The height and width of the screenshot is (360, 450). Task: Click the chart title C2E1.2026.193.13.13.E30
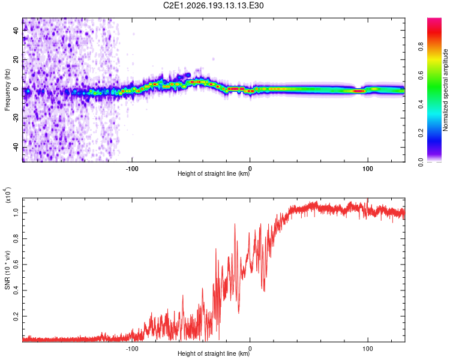(x=213, y=5)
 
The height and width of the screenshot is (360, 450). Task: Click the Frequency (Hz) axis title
(x=7, y=90)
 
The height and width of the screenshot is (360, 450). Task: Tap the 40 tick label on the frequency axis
(x=16, y=31)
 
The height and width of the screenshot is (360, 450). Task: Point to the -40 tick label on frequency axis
(x=16, y=147)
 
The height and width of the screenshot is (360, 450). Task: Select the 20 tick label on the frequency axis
(x=16, y=60)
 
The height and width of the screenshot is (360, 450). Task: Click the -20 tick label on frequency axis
(x=16, y=118)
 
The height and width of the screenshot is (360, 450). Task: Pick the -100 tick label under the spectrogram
(x=132, y=169)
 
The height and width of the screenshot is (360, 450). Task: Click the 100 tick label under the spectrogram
(x=368, y=169)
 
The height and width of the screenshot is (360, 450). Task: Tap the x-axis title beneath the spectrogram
(x=214, y=173)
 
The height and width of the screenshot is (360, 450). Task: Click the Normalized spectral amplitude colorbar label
(x=445, y=90)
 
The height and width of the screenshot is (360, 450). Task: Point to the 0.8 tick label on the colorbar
(x=421, y=46)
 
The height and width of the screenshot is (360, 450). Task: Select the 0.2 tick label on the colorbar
(x=421, y=133)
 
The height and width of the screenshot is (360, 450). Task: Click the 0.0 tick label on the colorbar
(x=421, y=162)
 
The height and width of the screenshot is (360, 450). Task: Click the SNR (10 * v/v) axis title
(x=7, y=270)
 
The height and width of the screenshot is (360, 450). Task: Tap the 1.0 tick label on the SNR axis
(x=16, y=213)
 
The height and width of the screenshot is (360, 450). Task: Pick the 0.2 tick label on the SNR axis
(x=16, y=316)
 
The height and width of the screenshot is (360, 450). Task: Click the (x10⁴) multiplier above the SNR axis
(x=7, y=194)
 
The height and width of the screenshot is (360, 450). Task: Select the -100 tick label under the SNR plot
(x=132, y=349)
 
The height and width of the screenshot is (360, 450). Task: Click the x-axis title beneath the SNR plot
(x=214, y=353)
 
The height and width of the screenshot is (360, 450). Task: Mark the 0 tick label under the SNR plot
(x=250, y=349)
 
